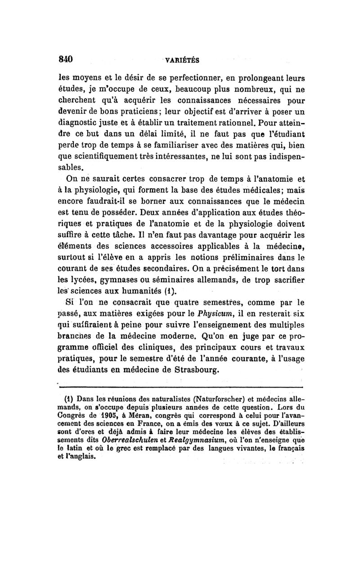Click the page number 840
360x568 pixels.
(x=66, y=59)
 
